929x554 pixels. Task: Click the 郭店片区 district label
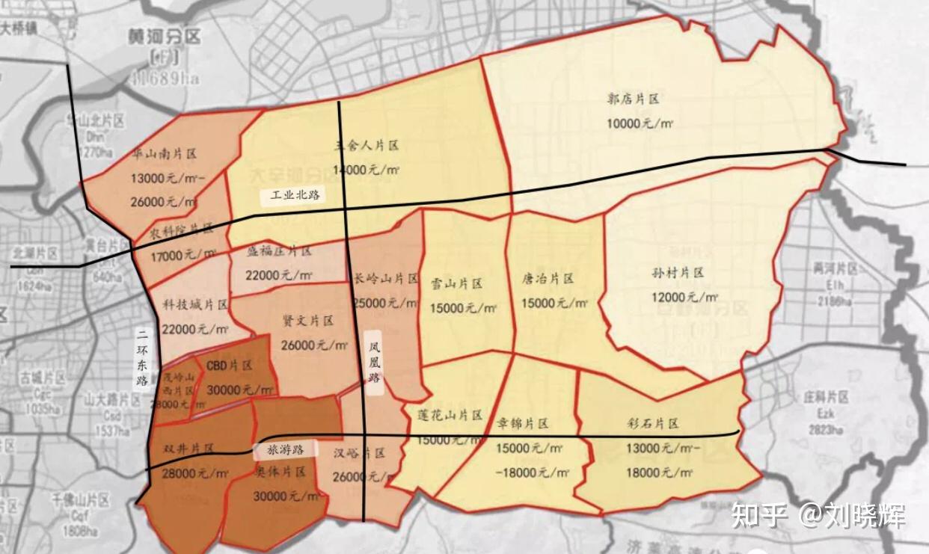[x=633, y=99]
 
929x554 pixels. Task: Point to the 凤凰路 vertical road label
[x=375, y=363]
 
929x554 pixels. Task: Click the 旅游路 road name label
[x=284, y=450]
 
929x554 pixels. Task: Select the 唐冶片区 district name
[x=548, y=279]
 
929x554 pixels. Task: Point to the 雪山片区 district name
[x=456, y=284]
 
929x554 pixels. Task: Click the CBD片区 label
[x=230, y=366]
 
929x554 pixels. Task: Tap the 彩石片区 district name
[x=653, y=424]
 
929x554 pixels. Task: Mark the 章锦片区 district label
[x=522, y=424]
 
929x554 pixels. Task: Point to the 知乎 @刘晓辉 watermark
[x=818, y=515]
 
